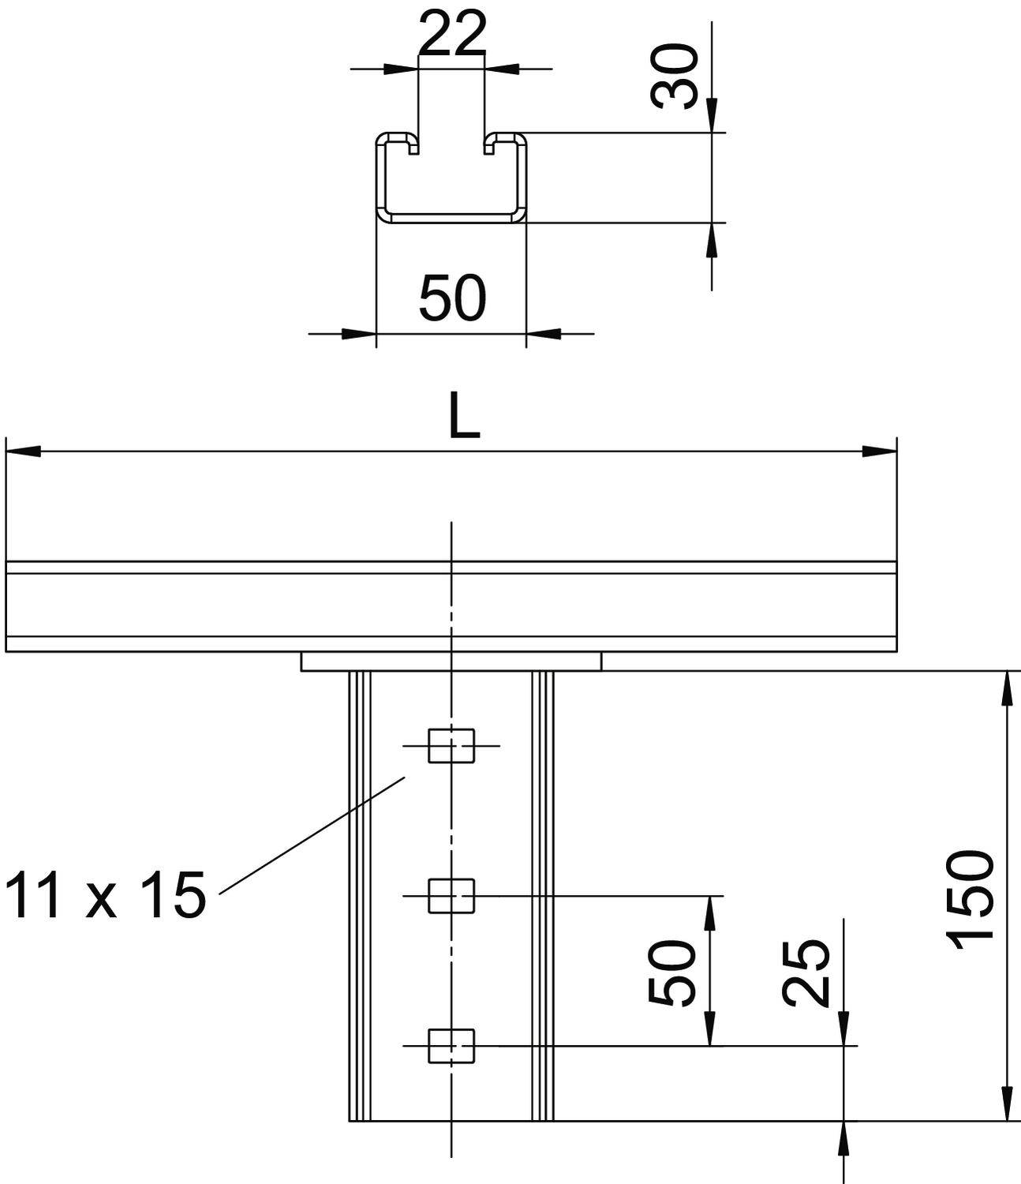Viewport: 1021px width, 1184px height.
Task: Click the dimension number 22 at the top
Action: click(x=451, y=34)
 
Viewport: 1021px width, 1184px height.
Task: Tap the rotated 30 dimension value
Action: click(x=675, y=76)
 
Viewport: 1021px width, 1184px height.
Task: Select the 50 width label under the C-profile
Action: click(x=452, y=298)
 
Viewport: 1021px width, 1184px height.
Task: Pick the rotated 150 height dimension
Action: click(x=970, y=900)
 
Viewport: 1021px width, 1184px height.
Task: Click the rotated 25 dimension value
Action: click(x=806, y=973)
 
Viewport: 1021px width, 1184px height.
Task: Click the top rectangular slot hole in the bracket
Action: click(x=451, y=746)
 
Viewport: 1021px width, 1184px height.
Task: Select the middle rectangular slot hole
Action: click(x=451, y=896)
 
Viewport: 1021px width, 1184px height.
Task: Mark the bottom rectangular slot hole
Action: click(x=451, y=1046)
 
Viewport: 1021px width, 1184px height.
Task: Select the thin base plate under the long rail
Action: click(x=451, y=661)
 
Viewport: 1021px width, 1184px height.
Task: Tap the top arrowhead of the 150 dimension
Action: click(x=1008, y=688)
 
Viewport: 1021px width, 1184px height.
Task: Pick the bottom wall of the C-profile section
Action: click(x=451, y=217)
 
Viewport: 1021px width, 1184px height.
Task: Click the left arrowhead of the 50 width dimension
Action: click(x=358, y=334)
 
